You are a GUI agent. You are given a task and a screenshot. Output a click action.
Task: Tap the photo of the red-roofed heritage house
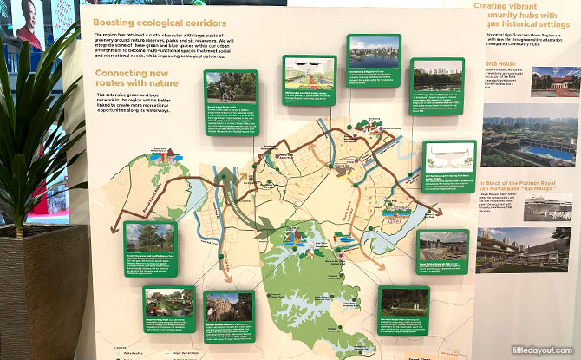tap(555, 82)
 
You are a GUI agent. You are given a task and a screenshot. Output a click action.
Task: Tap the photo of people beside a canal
tap(169, 303)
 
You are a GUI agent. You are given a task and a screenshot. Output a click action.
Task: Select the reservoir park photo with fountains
tap(442, 242)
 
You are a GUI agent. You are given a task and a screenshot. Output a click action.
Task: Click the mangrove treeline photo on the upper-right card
tap(437, 74)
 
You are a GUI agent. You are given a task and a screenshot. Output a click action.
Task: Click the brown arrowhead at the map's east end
tap(439, 211)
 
